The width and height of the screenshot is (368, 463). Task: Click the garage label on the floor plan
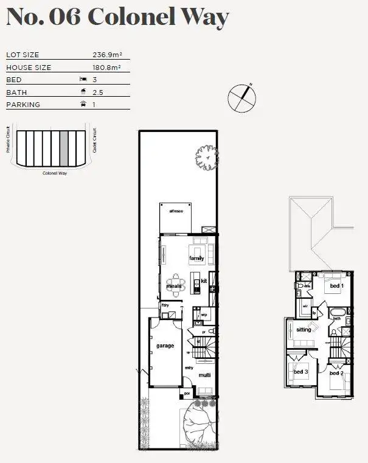click(x=165, y=346)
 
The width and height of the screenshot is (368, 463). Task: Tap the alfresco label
click(x=176, y=211)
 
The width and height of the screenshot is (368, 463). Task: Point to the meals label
click(x=175, y=285)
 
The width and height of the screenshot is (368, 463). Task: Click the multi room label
click(x=204, y=375)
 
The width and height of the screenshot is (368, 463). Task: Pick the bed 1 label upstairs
click(x=336, y=286)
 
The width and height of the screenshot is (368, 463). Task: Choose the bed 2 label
click(x=337, y=373)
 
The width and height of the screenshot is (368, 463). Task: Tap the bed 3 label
click(x=300, y=372)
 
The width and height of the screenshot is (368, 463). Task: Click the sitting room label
click(x=304, y=329)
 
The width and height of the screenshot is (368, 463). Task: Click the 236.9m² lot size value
click(x=106, y=55)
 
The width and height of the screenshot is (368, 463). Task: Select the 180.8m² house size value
click(x=106, y=68)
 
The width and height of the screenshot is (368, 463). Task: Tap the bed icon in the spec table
click(x=83, y=80)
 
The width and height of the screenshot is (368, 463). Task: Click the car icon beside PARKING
click(x=83, y=105)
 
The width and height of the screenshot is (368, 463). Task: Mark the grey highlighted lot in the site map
click(x=63, y=148)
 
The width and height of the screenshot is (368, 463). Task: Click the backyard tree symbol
click(x=206, y=158)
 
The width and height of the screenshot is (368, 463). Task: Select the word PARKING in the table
click(x=23, y=105)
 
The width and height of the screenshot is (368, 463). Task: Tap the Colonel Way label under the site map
click(x=55, y=173)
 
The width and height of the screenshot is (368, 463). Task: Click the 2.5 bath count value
click(x=98, y=92)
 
